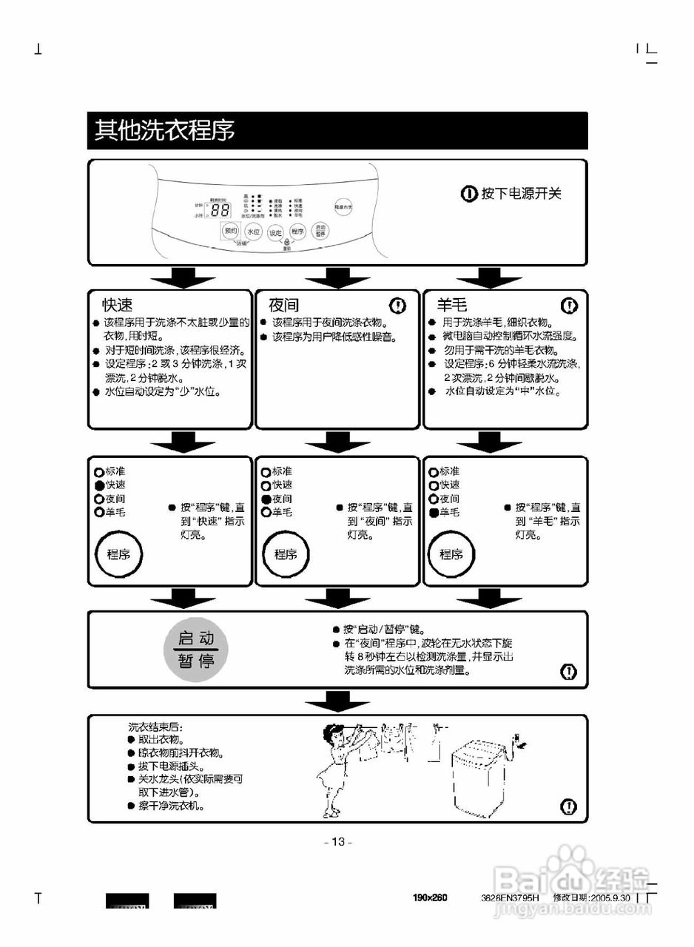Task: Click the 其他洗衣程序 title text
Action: click(164, 130)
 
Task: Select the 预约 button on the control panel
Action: click(230, 231)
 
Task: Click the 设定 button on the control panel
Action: click(275, 232)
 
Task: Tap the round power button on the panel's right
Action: click(342, 206)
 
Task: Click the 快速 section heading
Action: click(118, 305)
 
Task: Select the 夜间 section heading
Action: click(284, 305)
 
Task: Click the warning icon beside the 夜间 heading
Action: click(398, 305)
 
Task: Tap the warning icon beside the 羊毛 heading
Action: click(569, 305)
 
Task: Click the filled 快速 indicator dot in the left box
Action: click(99, 485)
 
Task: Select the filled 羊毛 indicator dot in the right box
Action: click(434, 512)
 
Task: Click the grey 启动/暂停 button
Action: click(196, 649)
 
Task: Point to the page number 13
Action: click(339, 841)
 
